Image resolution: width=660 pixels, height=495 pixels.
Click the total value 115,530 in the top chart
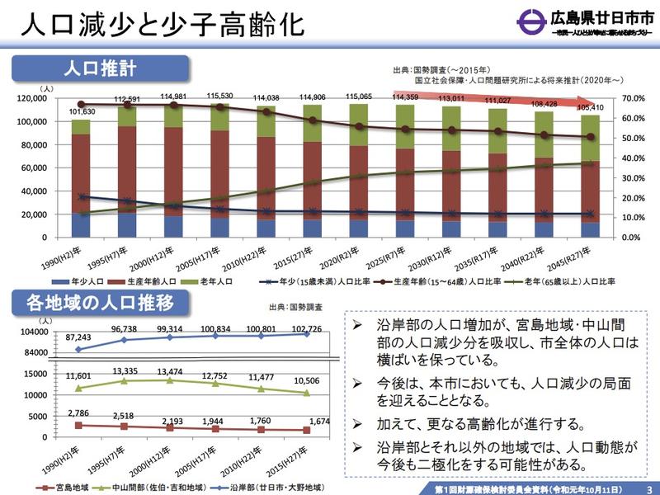coord(221,96)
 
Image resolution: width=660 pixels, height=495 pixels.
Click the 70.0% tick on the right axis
coord(634,98)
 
